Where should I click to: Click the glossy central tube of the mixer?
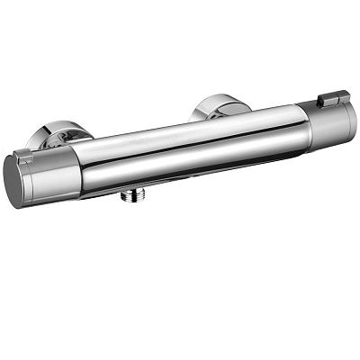(x=189, y=148)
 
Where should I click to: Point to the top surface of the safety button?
(x=334, y=94)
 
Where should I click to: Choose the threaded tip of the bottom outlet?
(x=132, y=200)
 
